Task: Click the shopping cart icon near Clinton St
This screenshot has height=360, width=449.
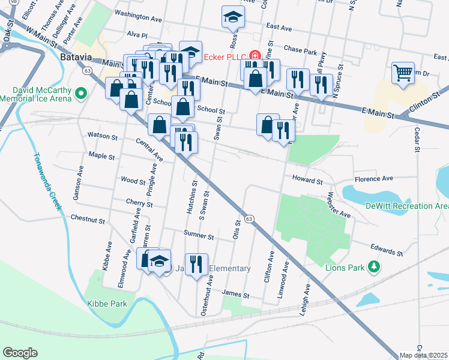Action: coord(403,73)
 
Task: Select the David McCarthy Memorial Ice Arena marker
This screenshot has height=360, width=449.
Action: coord(82,94)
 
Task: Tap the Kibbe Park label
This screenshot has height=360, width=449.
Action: coord(107,304)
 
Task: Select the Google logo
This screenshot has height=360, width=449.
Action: coord(20,352)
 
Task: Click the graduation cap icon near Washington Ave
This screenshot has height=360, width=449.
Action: coord(232,17)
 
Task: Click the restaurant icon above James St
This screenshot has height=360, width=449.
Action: coord(196,264)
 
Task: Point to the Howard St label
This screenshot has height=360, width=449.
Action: coord(307,179)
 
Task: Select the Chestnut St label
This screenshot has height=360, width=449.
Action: coord(88,219)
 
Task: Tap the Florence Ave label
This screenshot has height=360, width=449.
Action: coord(373,179)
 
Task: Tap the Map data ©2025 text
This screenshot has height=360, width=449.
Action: coord(423,355)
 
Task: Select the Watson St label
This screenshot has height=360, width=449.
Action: coord(102,136)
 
